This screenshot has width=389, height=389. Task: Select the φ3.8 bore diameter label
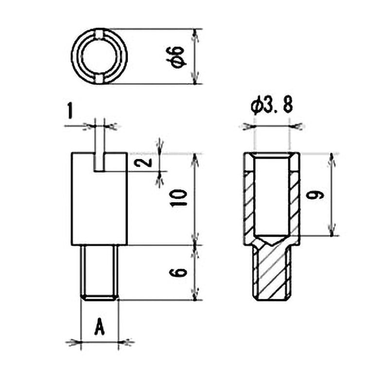[271, 106]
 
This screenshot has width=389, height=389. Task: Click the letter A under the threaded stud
[99, 327]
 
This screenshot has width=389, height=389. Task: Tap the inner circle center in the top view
[99, 56]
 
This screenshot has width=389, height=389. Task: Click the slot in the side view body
[99, 161]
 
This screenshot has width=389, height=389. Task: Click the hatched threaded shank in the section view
[271, 272]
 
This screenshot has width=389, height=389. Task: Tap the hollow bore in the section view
[271, 194]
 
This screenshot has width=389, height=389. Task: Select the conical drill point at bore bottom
[271, 240]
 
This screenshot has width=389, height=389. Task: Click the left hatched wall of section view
[248, 199]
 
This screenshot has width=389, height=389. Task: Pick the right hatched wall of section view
[294, 199]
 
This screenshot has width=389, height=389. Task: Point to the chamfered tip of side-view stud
[99, 297]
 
